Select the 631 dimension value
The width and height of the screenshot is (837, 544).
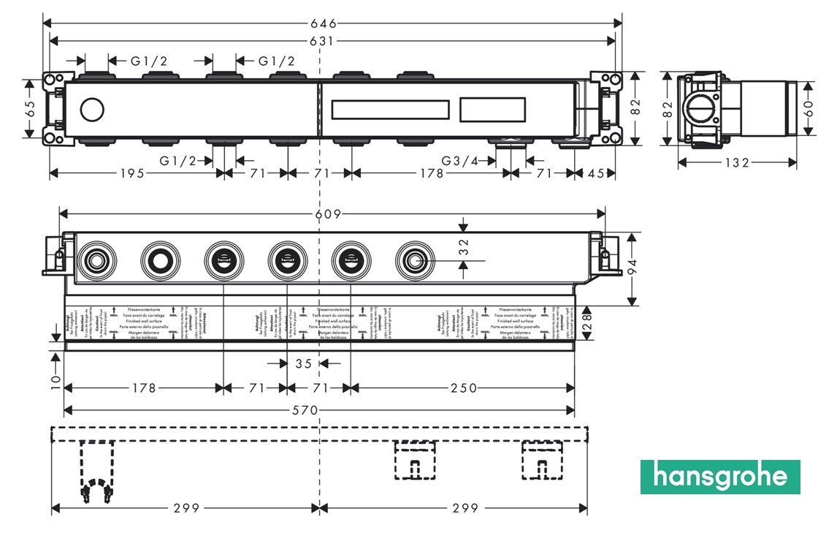[x=335, y=42]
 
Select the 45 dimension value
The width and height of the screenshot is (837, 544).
[x=596, y=173]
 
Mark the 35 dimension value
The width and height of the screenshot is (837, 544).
[x=303, y=363]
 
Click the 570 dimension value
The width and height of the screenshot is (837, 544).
[x=305, y=410]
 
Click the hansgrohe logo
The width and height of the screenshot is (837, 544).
[x=720, y=477]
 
